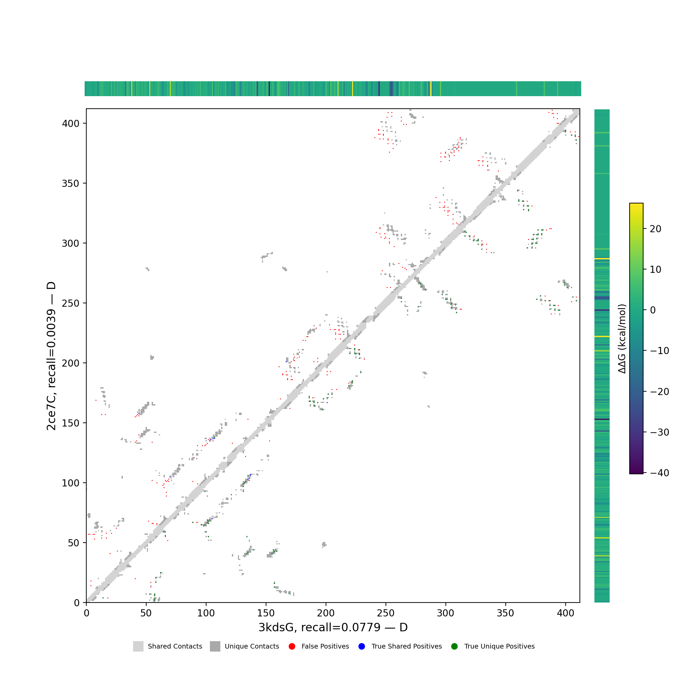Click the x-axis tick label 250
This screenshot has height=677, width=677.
tap(386, 613)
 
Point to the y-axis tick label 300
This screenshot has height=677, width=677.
tap(71, 243)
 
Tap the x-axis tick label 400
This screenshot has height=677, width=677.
tap(565, 613)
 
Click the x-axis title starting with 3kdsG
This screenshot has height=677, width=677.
tap(333, 627)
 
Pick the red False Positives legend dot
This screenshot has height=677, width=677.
tap(292, 647)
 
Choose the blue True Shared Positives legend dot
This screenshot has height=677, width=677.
tap(362, 647)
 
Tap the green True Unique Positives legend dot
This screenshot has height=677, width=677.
tap(455, 647)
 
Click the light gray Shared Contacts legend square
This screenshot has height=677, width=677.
tap(138, 647)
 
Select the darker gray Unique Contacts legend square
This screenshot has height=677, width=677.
tap(215, 647)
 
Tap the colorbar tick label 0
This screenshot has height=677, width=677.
tap(653, 310)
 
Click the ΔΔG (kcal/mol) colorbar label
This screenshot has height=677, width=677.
tap(622, 339)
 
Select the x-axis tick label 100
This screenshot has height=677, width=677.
tap(206, 613)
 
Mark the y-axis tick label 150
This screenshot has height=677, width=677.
tap(71, 423)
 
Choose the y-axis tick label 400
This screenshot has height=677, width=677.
tap(71, 123)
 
